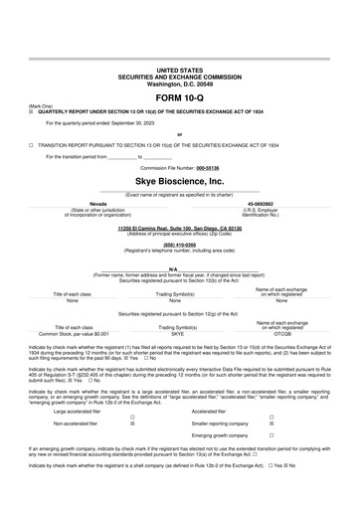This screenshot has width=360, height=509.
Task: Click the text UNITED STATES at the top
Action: click(179, 71)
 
